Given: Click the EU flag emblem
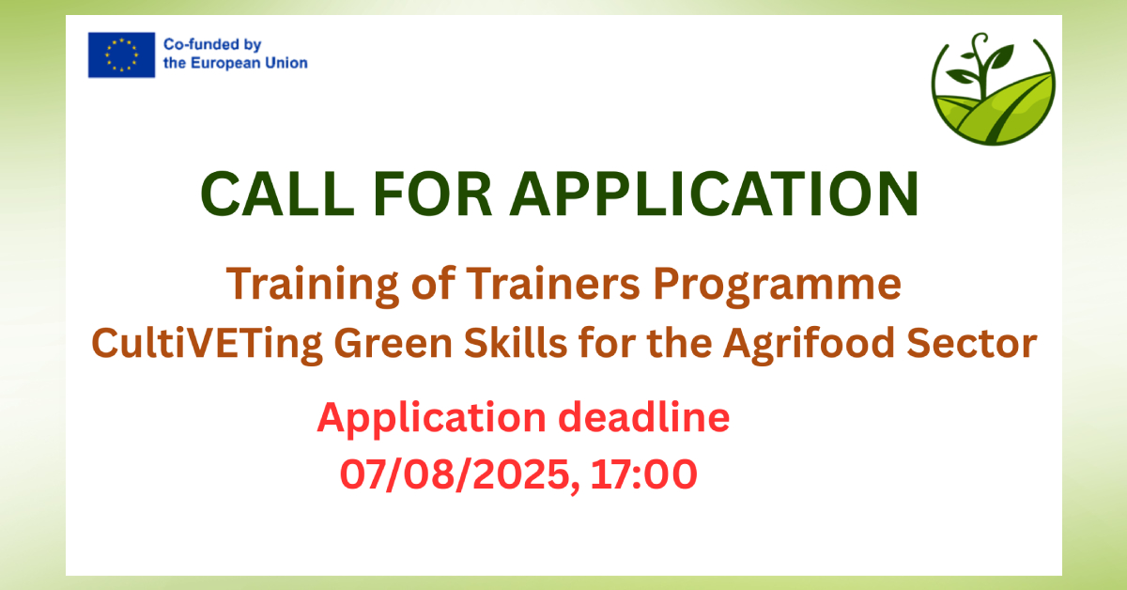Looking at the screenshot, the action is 121,54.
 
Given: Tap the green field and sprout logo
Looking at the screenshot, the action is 994,89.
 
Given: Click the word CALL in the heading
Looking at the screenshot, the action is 277,194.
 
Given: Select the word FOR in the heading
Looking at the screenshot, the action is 432,194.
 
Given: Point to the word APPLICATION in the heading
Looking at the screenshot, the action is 715,194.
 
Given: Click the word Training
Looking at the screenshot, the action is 313,286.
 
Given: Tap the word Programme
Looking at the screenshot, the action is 778,286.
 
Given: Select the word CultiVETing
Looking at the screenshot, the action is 207,345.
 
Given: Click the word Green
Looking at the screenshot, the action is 394,343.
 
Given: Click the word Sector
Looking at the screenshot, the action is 971,343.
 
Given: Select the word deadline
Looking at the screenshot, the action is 644,417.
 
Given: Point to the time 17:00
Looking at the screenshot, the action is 644,474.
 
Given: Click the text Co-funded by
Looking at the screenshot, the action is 212,45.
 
